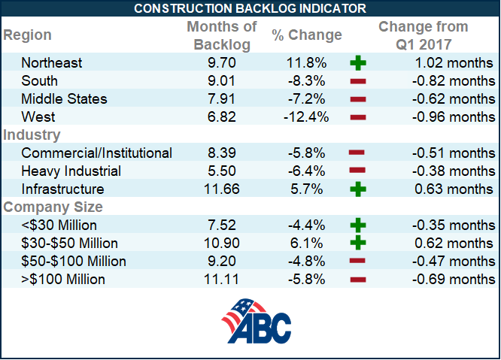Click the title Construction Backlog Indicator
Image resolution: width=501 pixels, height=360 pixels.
pyautogui.click(x=250, y=8)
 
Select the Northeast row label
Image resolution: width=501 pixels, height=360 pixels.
pyautogui.click(x=52, y=63)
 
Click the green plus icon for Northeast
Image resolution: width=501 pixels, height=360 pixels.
pyautogui.click(x=358, y=63)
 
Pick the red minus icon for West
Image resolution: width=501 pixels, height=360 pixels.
pyautogui.click(x=358, y=117)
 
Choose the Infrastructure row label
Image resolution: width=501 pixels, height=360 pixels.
pyautogui.click(x=62, y=189)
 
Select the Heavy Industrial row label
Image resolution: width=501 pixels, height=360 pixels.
pyautogui.click(x=71, y=171)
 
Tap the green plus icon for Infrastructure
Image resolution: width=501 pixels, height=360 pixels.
pyautogui.click(x=358, y=189)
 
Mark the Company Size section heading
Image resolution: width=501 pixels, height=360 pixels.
pyautogui.click(x=53, y=207)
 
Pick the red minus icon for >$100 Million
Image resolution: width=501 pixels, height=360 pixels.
pyautogui.click(x=358, y=280)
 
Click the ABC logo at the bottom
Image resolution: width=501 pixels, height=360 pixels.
pyautogui.click(x=256, y=321)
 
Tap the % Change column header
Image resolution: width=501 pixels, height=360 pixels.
pyautogui.click(x=307, y=35)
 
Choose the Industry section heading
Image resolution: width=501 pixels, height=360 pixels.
pyautogui.click(x=32, y=135)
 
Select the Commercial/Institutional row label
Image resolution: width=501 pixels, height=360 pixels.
pyautogui.click(x=97, y=153)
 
